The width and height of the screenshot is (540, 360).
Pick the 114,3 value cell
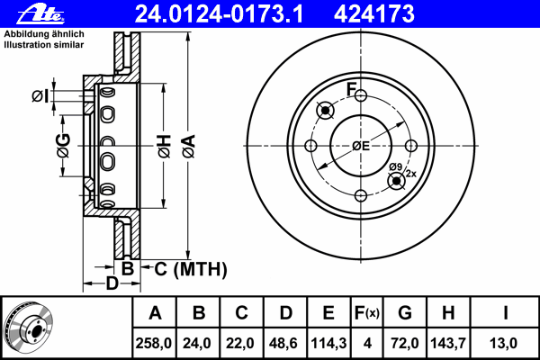(329, 343)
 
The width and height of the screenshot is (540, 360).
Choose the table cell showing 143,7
(448, 343)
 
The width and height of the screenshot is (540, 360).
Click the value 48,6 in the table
(284, 343)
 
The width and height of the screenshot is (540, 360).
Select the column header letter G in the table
(406, 314)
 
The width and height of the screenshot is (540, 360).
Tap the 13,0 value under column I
(506, 343)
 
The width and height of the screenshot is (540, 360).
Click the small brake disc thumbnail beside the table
(28, 328)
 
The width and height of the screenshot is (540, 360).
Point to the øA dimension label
(187, 148)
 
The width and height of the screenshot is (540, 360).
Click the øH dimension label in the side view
(164, 148)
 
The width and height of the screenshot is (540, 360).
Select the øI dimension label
(40, 96)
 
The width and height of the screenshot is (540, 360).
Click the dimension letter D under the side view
(111, 285)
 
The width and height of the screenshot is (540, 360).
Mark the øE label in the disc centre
(361, 147)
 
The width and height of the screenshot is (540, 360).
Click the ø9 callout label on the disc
(394, 166)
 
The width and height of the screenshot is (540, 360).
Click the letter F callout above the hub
(353, 89)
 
